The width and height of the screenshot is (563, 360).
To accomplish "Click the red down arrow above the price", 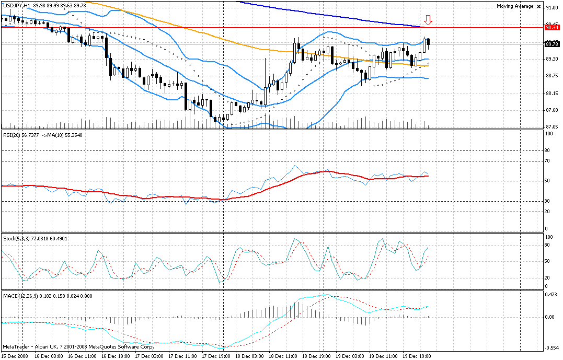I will [428, 20].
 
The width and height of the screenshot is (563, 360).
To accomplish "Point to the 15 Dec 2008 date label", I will [15, 355].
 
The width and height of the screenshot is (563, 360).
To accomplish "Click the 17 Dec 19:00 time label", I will [216, 355].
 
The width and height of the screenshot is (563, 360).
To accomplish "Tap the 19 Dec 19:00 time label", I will [417, 355].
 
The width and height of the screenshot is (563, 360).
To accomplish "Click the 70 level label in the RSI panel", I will [548, 161].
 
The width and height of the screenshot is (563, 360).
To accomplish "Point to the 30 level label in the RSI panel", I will [548, 201].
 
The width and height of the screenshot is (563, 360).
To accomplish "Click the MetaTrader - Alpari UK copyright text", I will [78, 346].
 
